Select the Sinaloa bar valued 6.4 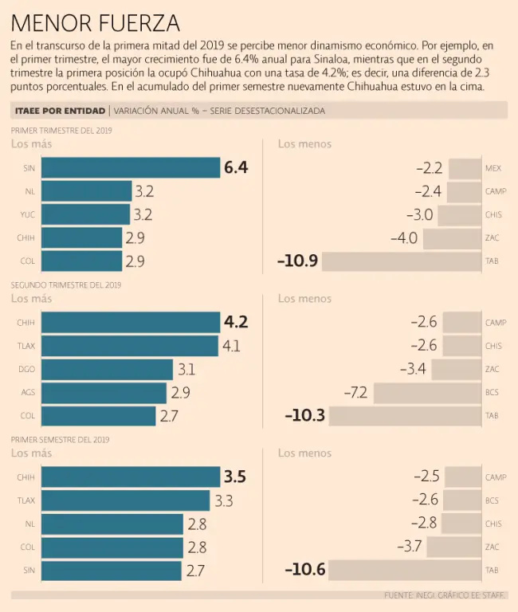(131, 167)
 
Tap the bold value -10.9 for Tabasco (298, 261)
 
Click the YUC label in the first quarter (28, 214)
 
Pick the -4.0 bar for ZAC (452, 238)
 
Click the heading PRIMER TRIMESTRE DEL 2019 (61, 130)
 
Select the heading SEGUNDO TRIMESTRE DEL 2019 (65, 284)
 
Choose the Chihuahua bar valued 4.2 (131, 322)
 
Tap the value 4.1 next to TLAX (232, 346)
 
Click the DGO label (26, 370)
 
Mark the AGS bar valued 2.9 (104, 393)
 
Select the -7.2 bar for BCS (427, 393)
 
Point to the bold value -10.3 (305, 416)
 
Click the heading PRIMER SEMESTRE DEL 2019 (61, 439)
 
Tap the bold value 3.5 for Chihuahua (235, 477)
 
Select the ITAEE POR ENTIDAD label (60, 111)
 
